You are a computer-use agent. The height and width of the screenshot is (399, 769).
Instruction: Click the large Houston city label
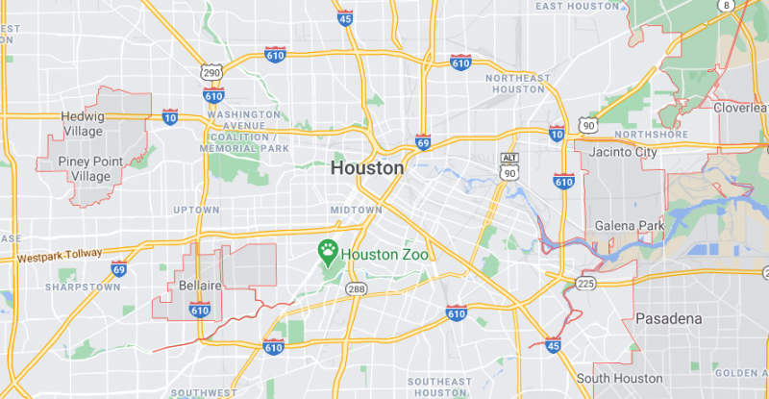(x=367, y=167)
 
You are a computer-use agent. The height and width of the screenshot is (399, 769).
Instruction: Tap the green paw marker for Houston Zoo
(x=328, y=253)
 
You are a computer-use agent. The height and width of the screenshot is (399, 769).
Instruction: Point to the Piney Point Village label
(x=90, y=168)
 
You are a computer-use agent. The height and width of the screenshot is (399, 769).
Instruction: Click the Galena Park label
(x=630, y=225)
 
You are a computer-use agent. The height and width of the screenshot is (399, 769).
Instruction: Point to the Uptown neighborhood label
(x=196, y=209)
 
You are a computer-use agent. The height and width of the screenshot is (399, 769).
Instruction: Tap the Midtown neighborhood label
(x=356, y=209)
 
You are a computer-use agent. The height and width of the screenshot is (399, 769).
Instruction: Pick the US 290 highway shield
(x=211, y=73)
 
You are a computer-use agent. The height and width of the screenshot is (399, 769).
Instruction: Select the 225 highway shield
(x=585, y=283)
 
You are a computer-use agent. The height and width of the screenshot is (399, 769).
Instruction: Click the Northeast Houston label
(x=519, y=83)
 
